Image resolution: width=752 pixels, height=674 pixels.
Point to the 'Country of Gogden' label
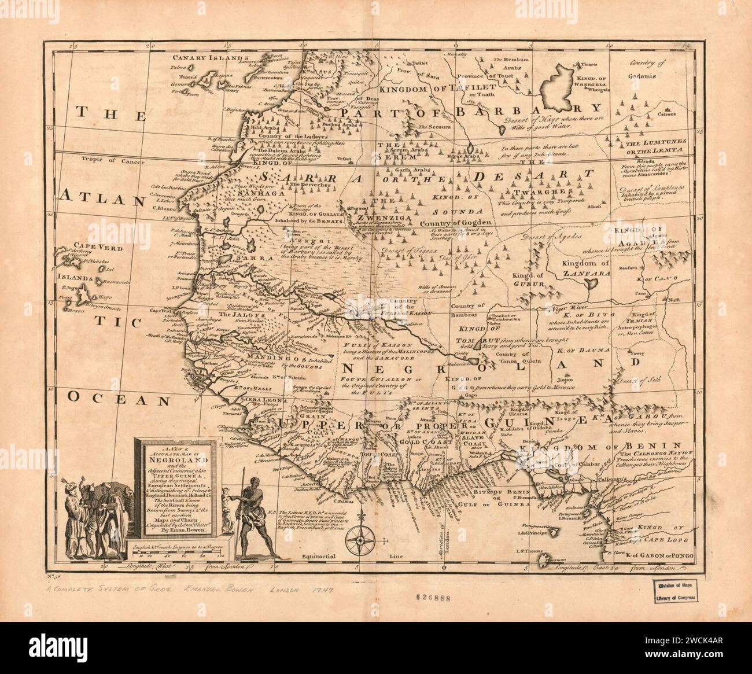455,222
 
